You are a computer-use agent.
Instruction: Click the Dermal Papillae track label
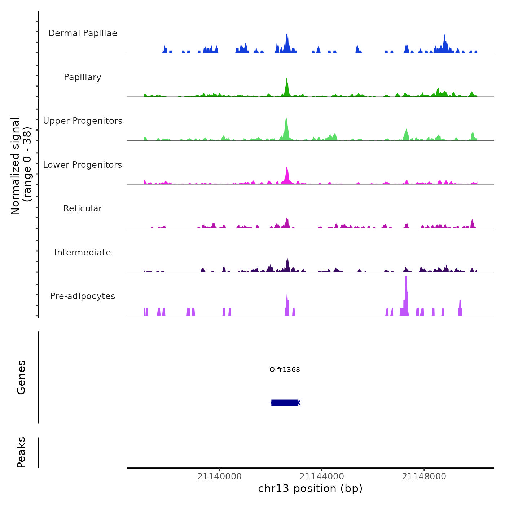tap(83, 33)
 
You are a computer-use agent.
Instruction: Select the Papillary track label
tap(83, 77)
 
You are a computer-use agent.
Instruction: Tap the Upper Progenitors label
tap(83, 121)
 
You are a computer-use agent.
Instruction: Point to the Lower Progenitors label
tap(83, 165)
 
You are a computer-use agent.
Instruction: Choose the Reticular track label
tap(83, 208)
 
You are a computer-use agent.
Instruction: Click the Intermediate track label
tap(83, 252)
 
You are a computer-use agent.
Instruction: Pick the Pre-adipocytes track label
tap(83, 296)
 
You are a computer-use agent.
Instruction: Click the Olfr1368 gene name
tap(285, 369)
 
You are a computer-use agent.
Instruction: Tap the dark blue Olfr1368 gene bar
tap(285, 403)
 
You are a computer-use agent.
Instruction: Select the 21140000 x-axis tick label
tap(219, 477)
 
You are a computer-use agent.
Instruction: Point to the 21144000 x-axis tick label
tap(322, 477)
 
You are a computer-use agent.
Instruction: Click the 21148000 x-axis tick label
tap(424, 477)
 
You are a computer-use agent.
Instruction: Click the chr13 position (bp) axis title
tap(310, 488)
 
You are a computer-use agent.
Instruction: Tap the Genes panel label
tap(21, 377)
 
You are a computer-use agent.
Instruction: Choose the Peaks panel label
tap(21, 452)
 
